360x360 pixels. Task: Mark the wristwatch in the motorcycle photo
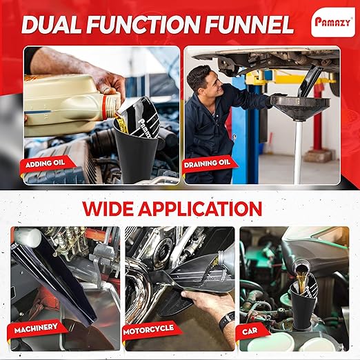225,320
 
